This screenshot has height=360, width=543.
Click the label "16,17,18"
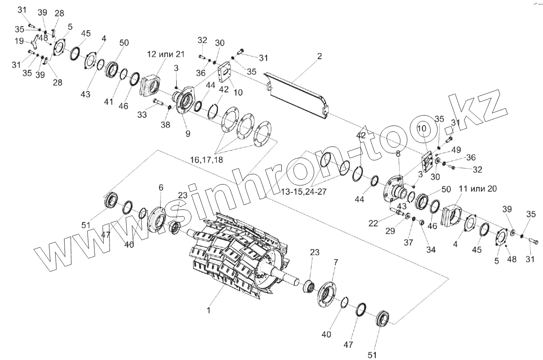(x=206, y=159)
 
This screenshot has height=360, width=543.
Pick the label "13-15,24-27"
(x=303, y=191)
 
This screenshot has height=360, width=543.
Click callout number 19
(x=19, y=41)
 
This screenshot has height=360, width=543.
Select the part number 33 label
(x=142, y=115)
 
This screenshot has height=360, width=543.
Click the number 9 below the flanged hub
(x=187, y=133)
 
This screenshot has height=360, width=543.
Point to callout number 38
(x=166, y=125)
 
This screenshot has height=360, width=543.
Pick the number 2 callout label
(x=319, y=56)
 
